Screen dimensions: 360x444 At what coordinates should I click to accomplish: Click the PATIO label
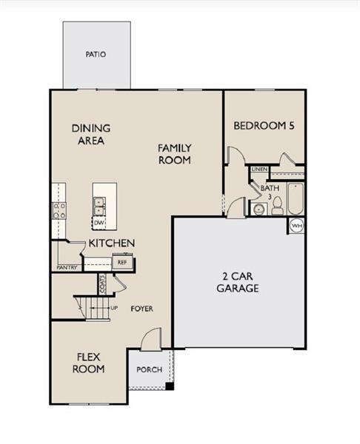[x=96, y=54]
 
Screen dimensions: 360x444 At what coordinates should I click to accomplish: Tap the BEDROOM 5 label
[x=264, y=126]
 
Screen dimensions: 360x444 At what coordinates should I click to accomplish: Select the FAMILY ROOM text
[x=175, y=154]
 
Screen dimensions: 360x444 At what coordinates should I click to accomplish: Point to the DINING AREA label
[x=91, y=135]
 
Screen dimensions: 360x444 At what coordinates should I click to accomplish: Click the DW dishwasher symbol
[x=99, y=223]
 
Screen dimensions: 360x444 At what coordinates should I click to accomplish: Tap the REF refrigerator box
[x=122, y=263]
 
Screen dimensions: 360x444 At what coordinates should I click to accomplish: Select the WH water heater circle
[x=297, y=226]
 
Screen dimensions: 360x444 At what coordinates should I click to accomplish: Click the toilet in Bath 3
[x=277, y=206]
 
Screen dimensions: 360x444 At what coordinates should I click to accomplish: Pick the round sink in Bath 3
[x=259, y=209]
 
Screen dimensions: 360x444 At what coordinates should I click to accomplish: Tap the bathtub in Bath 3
[x=296, y=199]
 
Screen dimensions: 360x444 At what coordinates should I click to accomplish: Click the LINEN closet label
[x=259, y=169]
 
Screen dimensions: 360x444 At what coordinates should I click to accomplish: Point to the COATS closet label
[x=103, y=284]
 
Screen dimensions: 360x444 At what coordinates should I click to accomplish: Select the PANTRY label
[x=67, y=267]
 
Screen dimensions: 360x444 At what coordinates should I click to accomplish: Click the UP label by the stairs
[x=114, y=308]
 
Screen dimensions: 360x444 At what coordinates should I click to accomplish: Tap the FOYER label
[x=141, y=309]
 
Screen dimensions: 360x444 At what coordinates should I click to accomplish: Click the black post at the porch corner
[x=170, y=386]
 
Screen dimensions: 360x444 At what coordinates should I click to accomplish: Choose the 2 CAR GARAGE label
[x=238, y=283]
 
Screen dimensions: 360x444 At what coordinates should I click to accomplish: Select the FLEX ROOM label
[x=88, y=363]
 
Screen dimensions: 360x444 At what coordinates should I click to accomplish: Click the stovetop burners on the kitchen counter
[x=59, y=211]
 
